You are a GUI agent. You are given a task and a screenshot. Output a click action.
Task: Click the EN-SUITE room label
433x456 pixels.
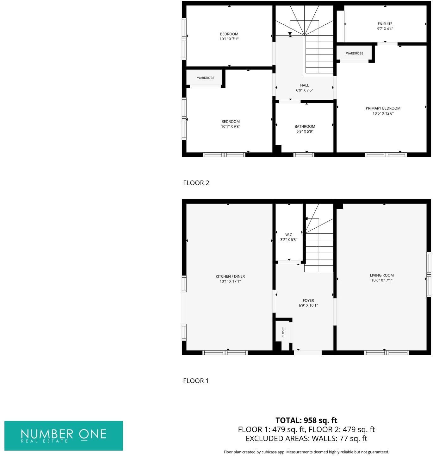pos(385,24)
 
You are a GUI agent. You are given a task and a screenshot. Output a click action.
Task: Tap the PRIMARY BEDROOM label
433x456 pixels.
pos(383,108)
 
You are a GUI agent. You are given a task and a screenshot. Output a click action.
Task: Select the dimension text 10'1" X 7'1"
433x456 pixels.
pos(229,39)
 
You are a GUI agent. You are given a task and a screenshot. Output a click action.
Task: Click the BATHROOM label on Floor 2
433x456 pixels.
pos(305,126)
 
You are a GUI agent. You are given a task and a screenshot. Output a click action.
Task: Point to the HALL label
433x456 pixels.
pos(305,85)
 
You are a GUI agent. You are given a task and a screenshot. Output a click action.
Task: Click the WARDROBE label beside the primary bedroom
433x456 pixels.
pos(355,54)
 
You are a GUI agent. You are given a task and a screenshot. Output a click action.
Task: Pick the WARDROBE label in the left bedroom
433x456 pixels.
pos(206,78)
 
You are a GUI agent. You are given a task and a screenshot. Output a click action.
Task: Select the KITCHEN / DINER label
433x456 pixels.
pos(230,276)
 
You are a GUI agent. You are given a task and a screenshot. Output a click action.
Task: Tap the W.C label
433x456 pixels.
pos(288,235)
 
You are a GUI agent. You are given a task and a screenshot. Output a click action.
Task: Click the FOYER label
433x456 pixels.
pos(308,301)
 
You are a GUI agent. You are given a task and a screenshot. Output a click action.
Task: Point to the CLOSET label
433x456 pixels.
pos(283,332)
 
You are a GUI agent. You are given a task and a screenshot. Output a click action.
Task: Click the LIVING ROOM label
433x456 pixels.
pos(382,275)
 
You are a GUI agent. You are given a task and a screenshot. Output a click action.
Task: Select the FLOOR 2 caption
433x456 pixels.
pos(196,183)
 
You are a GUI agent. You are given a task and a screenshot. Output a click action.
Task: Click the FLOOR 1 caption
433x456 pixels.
pos(196,381)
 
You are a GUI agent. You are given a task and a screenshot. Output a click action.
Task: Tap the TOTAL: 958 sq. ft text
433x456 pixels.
pos(306,420)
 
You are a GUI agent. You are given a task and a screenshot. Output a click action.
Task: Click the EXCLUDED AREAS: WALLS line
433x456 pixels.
pos(306,438)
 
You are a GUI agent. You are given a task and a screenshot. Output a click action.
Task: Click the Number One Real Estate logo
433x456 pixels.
pos(64,435)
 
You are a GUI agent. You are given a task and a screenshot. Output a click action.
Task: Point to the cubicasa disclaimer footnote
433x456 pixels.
pos(306,452)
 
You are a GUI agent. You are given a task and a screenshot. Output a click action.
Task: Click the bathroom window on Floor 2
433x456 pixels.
pos(304,155)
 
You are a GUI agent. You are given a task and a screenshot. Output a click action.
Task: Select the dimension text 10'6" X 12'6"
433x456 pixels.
pos(383,113)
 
